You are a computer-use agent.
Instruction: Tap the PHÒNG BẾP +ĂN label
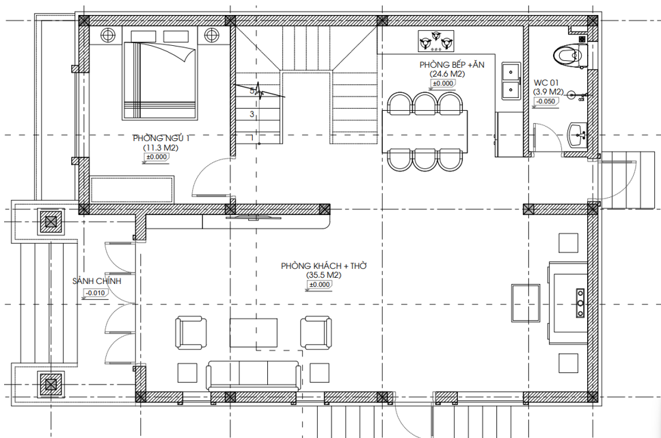point(451,65)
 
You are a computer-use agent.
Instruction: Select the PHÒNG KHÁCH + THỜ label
point(324,266)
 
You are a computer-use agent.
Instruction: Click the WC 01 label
point(547,83)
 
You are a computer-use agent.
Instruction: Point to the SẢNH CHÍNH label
point(97,281)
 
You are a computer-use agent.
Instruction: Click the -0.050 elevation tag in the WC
point(546,101)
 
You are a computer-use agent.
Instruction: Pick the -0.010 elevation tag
point(95,293)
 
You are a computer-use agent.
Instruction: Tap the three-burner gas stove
point(436,41)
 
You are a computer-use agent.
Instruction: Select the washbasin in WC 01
point(577,135)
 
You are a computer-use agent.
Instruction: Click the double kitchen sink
point(511,81)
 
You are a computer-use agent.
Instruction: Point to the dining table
point(424,131)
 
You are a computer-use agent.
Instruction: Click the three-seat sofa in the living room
point(254,376)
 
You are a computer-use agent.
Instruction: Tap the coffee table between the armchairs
point(254,333)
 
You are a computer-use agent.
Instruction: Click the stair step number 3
point(252,114)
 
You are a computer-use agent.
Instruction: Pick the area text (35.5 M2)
point(324,275)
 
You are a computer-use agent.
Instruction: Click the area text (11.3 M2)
point(161,148)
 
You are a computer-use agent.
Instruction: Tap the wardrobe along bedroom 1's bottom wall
point(133,190)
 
